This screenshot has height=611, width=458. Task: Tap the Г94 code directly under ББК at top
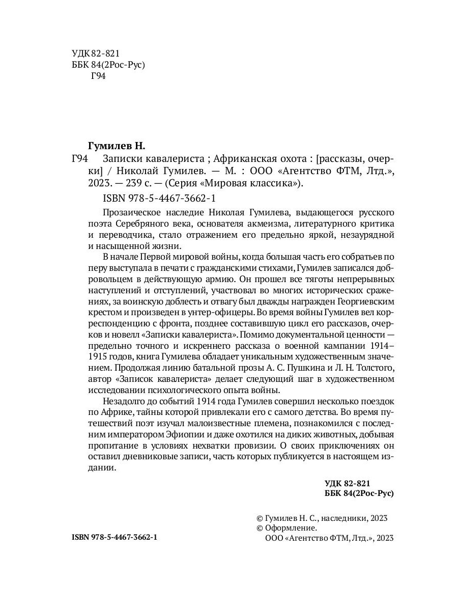pyautogui.click(x=97, y=77)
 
